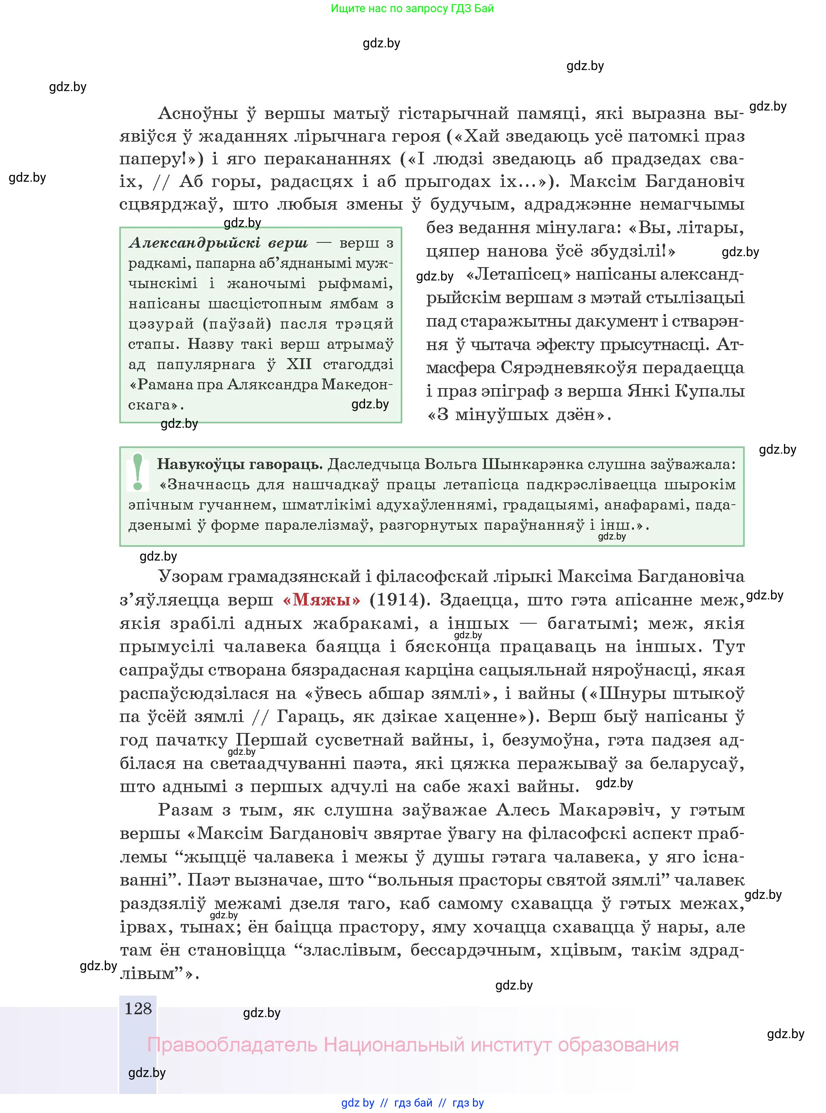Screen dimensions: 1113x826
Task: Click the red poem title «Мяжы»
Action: tap(321, 599)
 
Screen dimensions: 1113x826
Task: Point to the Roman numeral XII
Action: tap(299, 364)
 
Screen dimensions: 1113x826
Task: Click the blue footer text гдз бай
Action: tap(413, 1103)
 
